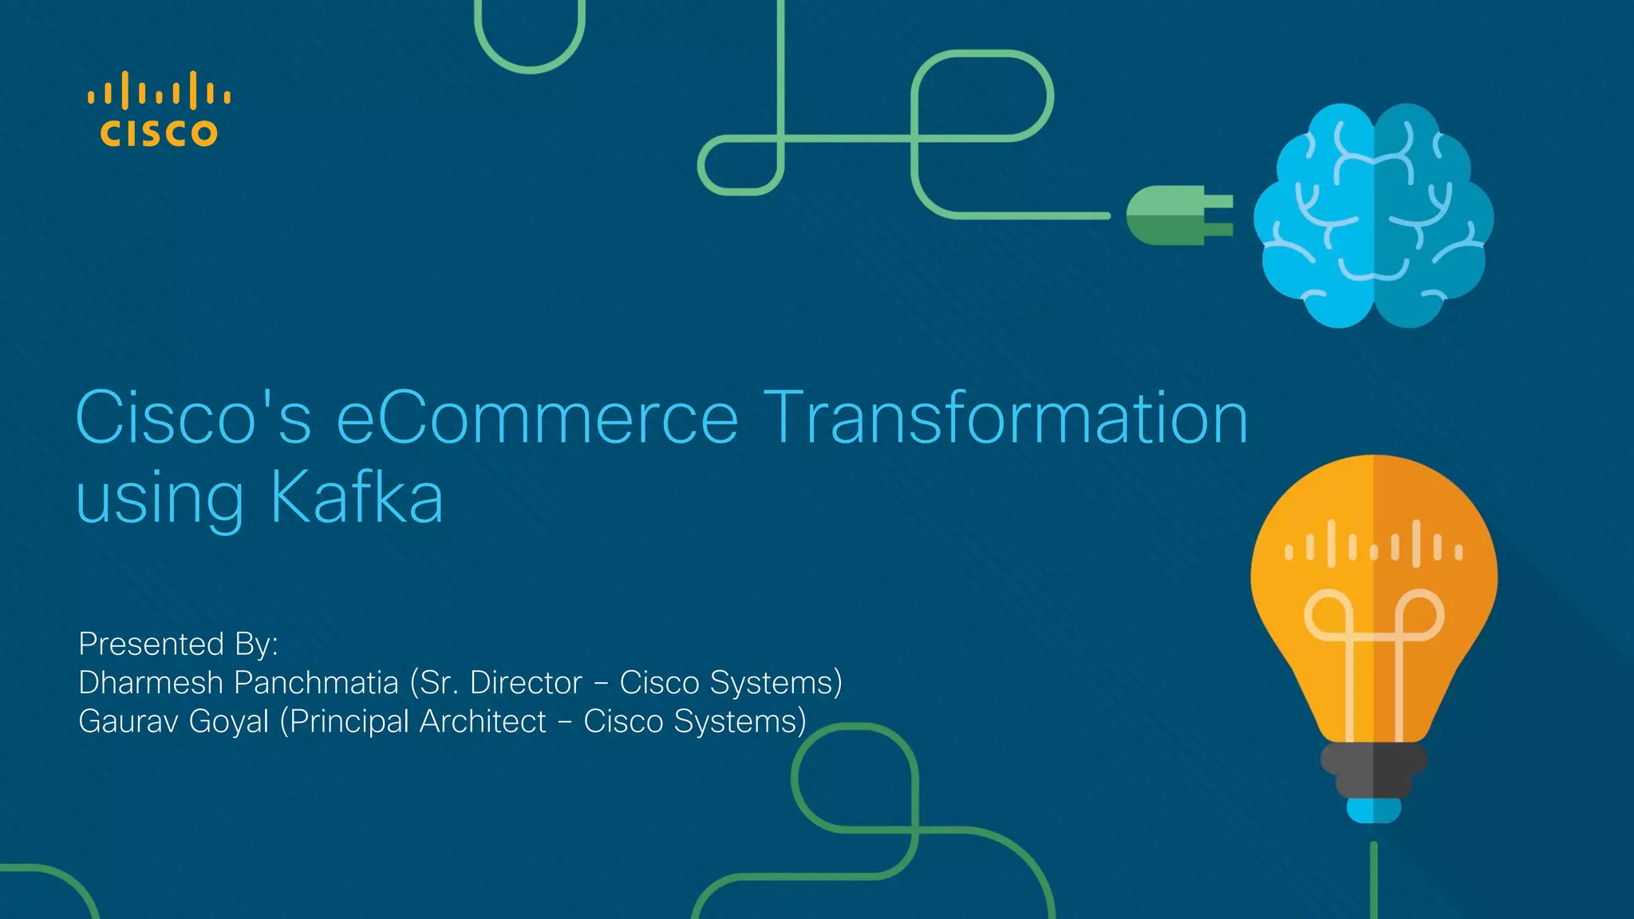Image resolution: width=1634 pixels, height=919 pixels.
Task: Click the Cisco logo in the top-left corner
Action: pos(159,110)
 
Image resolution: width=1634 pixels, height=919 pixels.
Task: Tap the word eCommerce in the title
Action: pos(537,418)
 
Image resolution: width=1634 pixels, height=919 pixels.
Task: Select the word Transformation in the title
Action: pos(1005,418)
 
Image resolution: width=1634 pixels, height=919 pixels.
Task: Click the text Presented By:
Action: pos(178,644)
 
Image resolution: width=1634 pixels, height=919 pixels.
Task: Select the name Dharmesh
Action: pos(151,683)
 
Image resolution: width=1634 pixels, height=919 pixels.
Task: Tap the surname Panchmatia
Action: pos(316,683)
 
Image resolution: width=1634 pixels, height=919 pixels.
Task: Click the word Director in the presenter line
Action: pos(526,683)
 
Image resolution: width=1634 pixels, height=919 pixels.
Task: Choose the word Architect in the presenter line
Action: pos(483,721)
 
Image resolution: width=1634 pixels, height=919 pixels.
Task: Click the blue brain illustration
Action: pos(1373,215)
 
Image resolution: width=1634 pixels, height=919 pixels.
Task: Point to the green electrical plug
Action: pos(1178,215)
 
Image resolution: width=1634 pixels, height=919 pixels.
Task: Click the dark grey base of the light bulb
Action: pos(1373,769)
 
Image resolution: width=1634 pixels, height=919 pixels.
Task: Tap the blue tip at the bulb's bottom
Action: pos(1373,811)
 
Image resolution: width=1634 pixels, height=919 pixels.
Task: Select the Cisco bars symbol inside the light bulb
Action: pos(1373,545)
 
